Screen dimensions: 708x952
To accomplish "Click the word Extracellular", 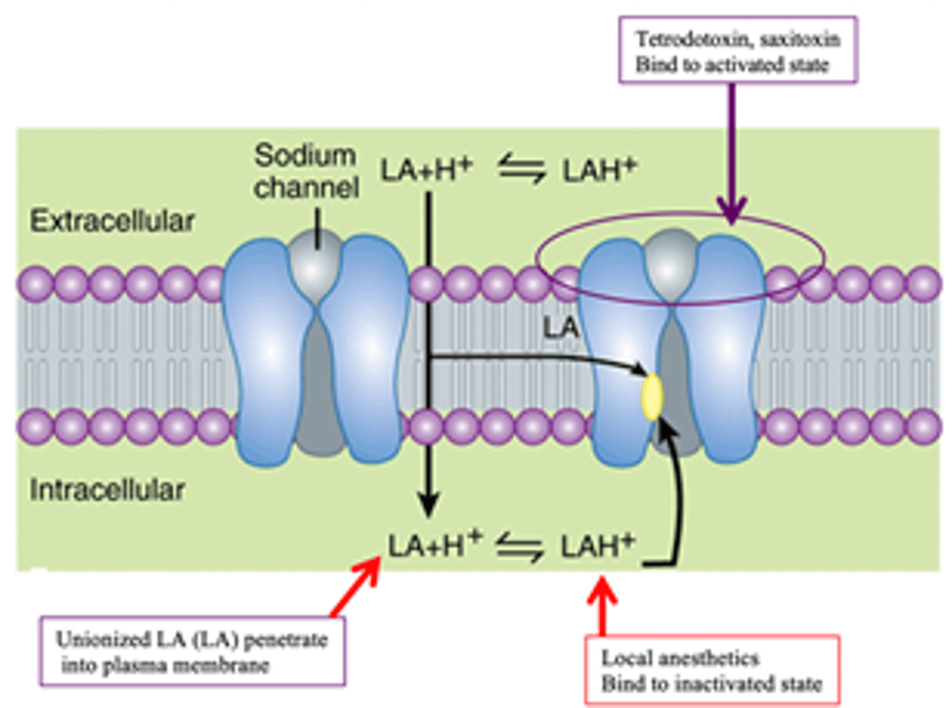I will [112, 221].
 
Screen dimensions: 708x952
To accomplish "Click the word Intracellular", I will [107, 490].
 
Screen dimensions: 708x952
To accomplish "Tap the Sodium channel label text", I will [306, 171].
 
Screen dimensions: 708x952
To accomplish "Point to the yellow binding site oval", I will [651, 397].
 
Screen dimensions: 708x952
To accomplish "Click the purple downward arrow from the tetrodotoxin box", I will [732, 152].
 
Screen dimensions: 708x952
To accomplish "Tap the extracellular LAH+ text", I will [599, 170].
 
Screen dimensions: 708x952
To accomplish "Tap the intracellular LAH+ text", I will [598, 547].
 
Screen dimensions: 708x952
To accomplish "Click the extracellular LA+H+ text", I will [426, 170].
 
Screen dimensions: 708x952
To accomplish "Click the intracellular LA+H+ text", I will [435, 547].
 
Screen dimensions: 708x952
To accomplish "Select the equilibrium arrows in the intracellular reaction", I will [520, 548].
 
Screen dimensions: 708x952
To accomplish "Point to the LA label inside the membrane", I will [561, 328].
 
